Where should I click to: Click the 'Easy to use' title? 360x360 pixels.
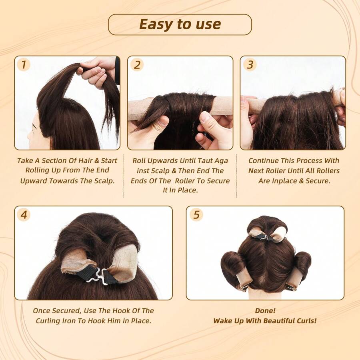(x=180, y=24)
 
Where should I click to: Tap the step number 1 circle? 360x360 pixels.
(x=24, y=64)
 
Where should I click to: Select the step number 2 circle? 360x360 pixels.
(x=137, y=64)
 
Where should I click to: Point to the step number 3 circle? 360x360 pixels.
(x=250, y=64)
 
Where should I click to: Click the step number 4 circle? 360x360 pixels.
(x=24, y=215)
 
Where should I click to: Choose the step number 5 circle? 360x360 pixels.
(x=196, y=215)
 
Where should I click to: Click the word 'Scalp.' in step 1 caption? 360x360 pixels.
(x=103, y=180)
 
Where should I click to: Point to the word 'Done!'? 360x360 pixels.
(x=265, y=310)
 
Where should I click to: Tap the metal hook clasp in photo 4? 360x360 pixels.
(x=95, y=276)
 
